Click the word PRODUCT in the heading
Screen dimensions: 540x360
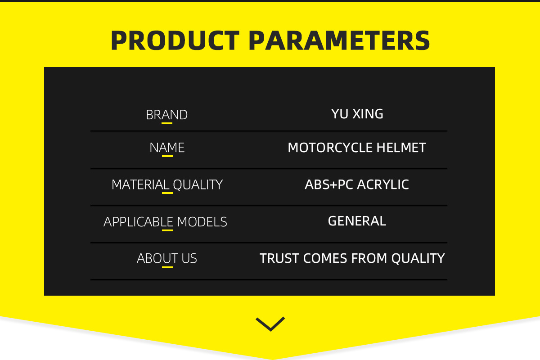click(175, 40)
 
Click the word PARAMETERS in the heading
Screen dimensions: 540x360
click(339, 40)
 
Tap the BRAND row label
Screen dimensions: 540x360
click(167, 115)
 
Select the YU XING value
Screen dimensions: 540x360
click(357, 114)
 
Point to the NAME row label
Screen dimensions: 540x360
click(167, 148)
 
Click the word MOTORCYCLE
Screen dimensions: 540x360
click(330, 148)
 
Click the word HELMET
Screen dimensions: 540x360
click(401, 148)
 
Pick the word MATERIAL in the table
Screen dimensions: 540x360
click(140, 184)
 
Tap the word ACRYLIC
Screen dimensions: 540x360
click(383, 184)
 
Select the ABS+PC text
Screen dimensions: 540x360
click(329, 184)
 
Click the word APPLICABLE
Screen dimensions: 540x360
click(139, 222)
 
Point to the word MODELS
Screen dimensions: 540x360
click(202, 222)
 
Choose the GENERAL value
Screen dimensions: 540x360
click(357, 221)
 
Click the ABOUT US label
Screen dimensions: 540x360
click(167, 258)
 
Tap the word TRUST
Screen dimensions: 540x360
click(279, 258)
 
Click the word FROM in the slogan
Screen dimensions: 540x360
click(369, 258)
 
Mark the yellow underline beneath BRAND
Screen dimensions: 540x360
click(167, 123)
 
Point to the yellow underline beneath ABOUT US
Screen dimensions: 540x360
click(167, 267)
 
